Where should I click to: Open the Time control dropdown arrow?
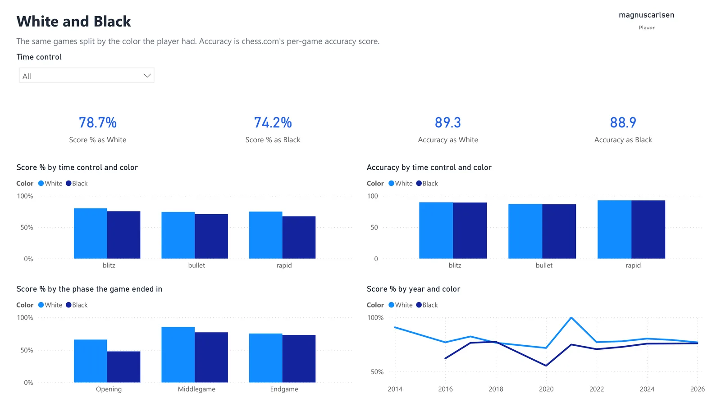tap(147, 76)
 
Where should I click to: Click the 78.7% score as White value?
tap(97, 122)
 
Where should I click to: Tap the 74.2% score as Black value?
tap(273, 122)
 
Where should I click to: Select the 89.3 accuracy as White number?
tap(448, 122)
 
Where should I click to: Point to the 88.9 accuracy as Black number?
tap(623, 122)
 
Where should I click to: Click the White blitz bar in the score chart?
tap(91, 234)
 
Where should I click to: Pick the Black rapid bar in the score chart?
tap(299, 237)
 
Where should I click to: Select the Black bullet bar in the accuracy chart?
tap(559, 231)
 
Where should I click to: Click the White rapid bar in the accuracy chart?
tap(615, 229)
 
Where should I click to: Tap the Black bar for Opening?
tap(124, 367)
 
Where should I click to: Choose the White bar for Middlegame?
tap(178, 355)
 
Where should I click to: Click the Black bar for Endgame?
tap(299, 359)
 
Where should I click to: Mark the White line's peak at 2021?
tap(571, 318)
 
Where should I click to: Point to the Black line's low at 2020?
tap(546, 366)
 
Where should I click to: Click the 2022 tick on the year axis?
tap(597, 389)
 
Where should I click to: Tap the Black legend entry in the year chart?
tap(427, 305)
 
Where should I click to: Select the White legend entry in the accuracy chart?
tap(401, 183)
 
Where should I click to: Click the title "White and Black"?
tap(74, 21)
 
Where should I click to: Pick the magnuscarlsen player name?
tap(646, 15)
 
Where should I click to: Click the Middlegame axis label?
tap(196, 389)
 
